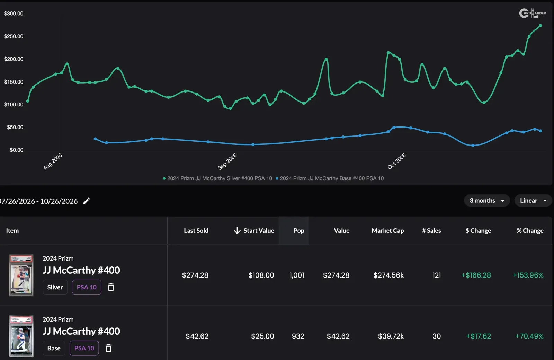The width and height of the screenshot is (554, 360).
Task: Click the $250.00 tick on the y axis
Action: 14,36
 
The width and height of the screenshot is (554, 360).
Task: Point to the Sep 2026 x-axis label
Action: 227,161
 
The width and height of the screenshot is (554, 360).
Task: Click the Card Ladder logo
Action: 533,13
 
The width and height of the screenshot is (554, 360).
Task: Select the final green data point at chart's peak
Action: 540,26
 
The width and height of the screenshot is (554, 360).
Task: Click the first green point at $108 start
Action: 28,101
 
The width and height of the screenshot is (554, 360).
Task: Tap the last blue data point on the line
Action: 540,131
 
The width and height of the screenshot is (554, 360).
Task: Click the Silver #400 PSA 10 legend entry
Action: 217,178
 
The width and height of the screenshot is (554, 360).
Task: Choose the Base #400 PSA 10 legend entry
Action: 330,178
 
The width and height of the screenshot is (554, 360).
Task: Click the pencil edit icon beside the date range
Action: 86,201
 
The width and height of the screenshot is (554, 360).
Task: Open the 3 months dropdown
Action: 487,200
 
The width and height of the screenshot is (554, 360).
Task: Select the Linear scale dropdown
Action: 533,200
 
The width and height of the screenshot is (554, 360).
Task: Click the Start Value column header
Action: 254,231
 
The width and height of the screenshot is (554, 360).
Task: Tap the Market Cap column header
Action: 387,231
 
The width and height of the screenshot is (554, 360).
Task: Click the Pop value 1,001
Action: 297,275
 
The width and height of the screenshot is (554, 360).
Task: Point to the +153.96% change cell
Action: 528,275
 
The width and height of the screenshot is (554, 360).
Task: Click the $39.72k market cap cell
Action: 391,336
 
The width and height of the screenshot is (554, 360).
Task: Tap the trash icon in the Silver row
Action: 111,287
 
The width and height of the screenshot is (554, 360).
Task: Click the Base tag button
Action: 54,348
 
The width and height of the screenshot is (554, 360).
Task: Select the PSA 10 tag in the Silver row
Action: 87,287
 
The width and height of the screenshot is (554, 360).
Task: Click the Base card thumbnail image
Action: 21,336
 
